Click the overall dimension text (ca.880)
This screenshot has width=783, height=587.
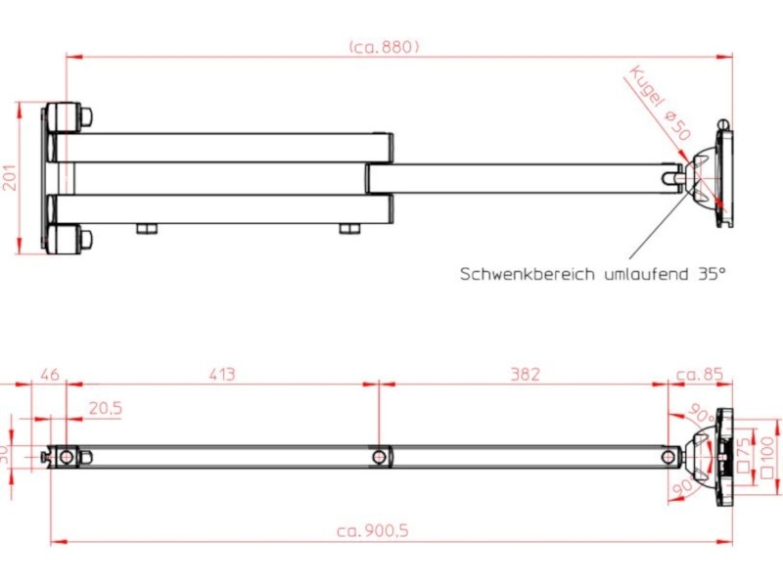(384, 46)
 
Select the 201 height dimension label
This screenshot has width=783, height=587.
(10, 177)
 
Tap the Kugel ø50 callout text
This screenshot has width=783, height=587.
(661, 102)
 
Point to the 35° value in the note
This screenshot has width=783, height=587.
(713, 275)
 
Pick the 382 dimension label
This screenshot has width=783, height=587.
(525, 374)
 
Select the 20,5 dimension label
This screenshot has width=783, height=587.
(105, 409)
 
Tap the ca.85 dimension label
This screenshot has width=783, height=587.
(699, 374)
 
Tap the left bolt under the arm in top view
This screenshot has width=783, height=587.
(147, 229)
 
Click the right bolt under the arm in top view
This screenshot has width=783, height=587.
(350, 229)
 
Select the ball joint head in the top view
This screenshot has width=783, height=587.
(701, 176)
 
